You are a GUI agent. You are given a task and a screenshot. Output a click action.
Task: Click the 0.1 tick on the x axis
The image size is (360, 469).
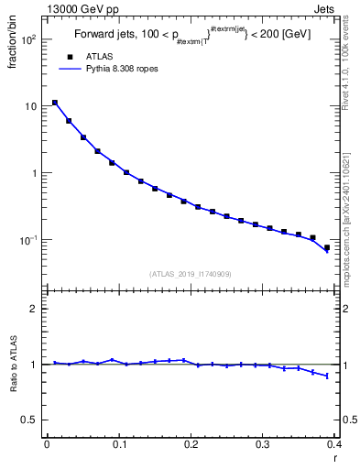[118, 445]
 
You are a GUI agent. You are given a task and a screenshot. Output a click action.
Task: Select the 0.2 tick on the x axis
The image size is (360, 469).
[191, 445]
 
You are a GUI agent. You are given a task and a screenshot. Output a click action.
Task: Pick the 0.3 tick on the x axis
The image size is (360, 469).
[263, 445]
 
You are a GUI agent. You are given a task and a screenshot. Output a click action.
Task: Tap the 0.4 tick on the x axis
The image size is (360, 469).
[333, 445]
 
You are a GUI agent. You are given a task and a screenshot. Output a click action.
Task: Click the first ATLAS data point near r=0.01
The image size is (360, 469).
[55, 103]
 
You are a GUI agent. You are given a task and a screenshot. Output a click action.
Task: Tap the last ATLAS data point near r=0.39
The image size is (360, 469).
[327, 247]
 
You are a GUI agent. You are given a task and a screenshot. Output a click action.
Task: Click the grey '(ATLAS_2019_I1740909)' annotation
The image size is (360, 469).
[189, 273]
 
